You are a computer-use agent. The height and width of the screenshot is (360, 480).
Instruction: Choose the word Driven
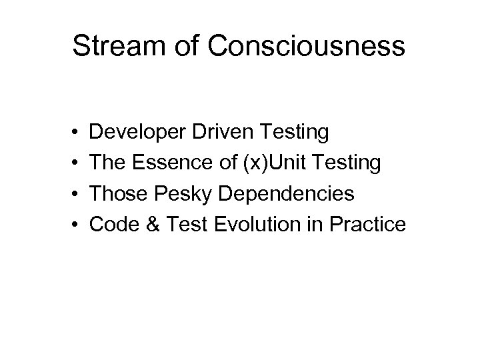[213, 133]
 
